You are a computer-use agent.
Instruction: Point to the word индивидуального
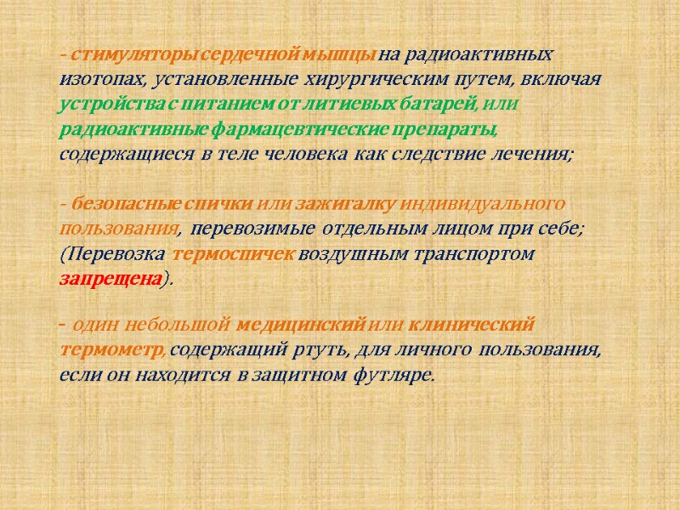click(x=483, y=205)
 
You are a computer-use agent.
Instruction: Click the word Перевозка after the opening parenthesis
click(x=116, y=254)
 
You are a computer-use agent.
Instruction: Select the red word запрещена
click(x=110, y=279)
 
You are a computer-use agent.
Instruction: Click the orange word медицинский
click(x=300, y=325)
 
